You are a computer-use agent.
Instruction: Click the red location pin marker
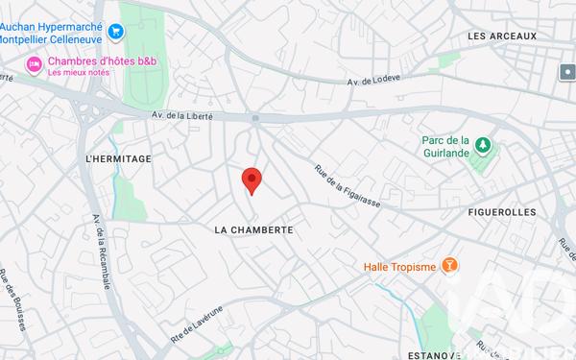[x=251, y=180]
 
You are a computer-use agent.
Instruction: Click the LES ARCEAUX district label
[x=501, y=36]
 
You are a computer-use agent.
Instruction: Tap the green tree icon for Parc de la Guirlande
[x=484, y=145]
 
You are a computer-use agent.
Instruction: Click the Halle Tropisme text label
[x=400, y=266]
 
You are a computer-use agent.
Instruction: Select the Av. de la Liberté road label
[x=182, y=115]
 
